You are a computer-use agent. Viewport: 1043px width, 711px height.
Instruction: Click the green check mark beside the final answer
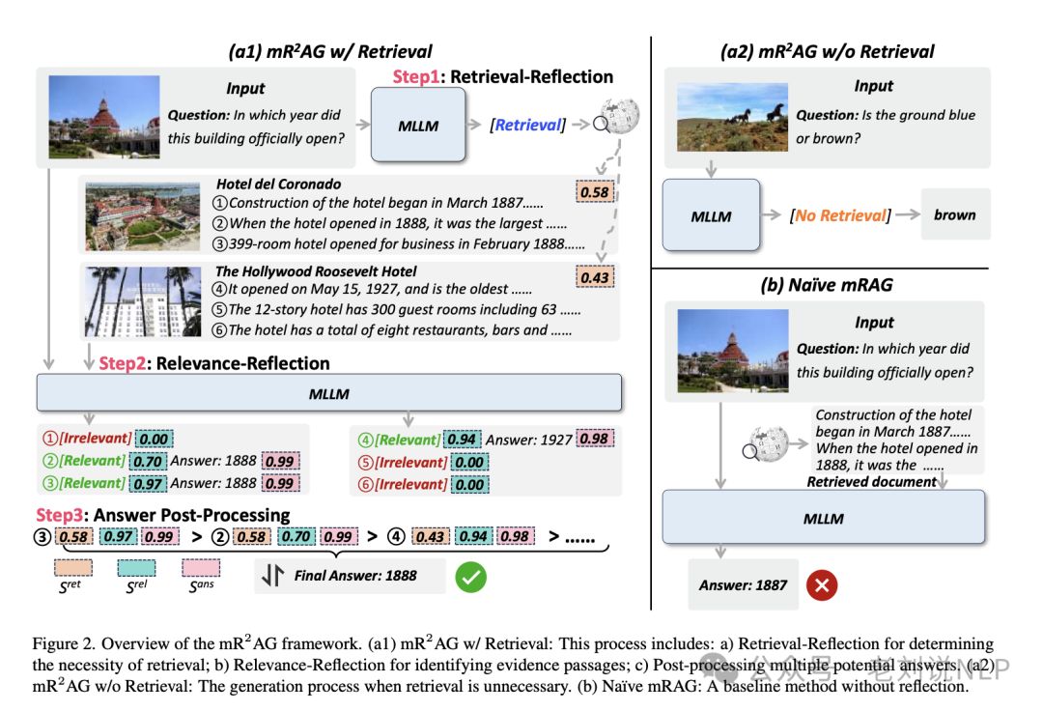point(471,576)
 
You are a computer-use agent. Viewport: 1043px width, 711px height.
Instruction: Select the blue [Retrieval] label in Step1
point(528,125)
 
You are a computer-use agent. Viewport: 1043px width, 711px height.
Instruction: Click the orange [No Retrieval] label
point(838,214)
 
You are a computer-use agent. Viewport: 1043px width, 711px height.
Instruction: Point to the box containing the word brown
point(954,214)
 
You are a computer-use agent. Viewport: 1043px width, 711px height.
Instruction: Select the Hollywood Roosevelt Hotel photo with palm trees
point(142,300)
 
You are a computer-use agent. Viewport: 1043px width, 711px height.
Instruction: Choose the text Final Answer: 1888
point(355,576)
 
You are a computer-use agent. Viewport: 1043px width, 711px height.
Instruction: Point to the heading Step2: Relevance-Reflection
point(214,363)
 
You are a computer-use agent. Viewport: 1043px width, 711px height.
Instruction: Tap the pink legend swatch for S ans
point(200,567)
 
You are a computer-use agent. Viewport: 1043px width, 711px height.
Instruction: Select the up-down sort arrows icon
point(272,576)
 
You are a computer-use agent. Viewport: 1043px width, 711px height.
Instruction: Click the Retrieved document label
point(872,481)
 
